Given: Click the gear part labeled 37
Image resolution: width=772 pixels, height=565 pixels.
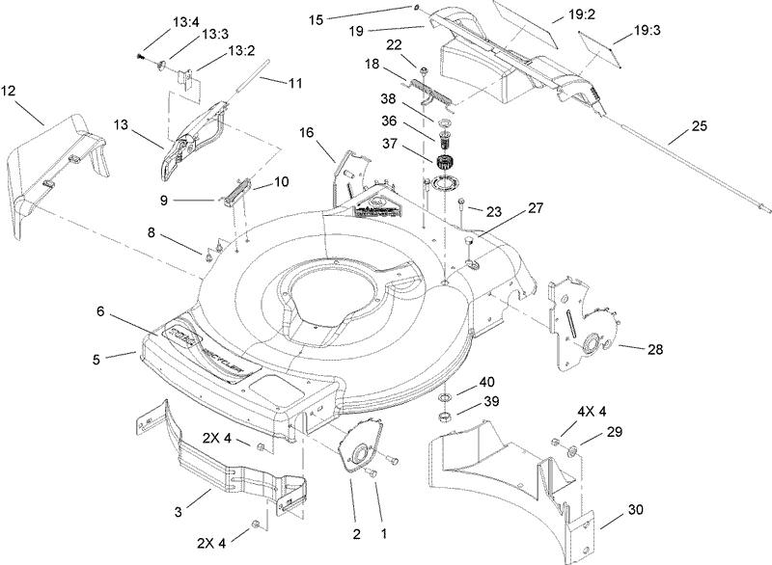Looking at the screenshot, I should tap(445, 163).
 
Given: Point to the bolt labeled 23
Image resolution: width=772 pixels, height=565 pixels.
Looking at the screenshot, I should tap(462, 204).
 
